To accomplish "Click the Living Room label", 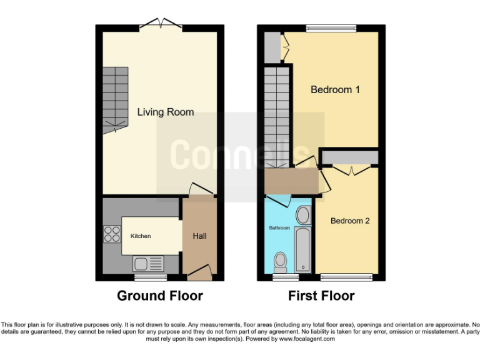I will pyautogui.click(x=166, y=112).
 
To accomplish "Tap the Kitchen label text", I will pyautogui.click(x=141, y=236).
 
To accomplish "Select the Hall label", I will pyautogui.click(x=199, y=236).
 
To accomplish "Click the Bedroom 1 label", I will pyautogui.click(x=335, y=90).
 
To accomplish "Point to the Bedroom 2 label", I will pyautogui.click(x=350, y=221).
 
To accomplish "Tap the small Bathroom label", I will pyautogui.click(x=279, y=228).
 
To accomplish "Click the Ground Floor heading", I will pyautogui.click(x=160, y=296).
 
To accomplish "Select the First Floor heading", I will pyautogui.click(x=321, y=296).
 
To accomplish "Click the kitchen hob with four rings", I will pyautogui.click(x=112, y=234).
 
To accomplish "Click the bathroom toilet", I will pyautogui.click(x=281, y=259).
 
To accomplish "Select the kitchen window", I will pyautogui.click(x=151, y=277).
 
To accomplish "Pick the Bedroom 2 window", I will pyautogui.click(x=347, y=277).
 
